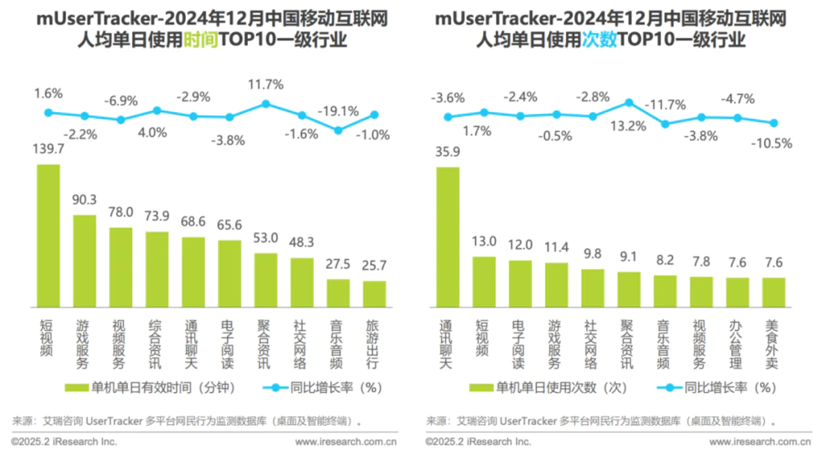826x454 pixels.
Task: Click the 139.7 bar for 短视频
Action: click(48, 235)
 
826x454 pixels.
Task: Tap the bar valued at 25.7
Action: click(374, 294)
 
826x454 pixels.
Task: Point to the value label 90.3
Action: click(85, 200)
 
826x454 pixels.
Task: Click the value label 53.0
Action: click(266, 238)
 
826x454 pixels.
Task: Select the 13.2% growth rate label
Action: click(629, 126)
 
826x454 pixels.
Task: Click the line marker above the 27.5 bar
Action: click(338, 130)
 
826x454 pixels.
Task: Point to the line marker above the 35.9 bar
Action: click(449, 117)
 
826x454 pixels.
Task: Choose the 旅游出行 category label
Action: click(374, 340)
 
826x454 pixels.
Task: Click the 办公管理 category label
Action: click(738, 340)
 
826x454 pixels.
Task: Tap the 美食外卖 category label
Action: click(774, 340)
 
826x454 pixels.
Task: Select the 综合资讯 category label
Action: click(157, 340)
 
